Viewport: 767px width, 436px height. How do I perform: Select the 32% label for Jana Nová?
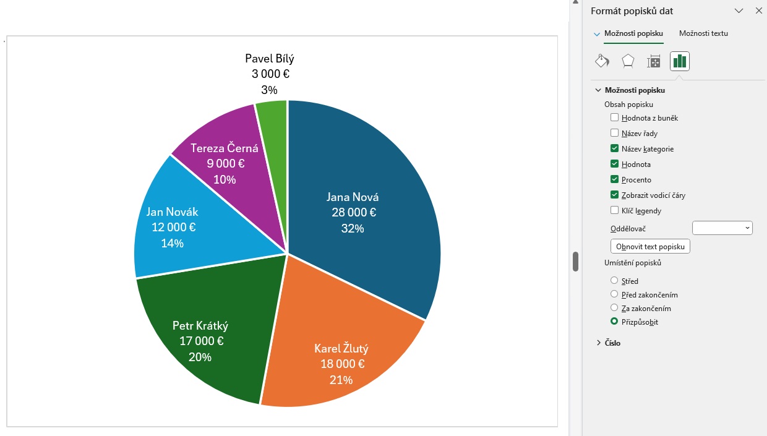[353, 228]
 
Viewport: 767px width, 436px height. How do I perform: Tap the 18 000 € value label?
[342, 364]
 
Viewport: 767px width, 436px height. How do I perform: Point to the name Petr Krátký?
[200, 326]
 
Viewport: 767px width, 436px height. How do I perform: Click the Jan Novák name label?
[173, 212]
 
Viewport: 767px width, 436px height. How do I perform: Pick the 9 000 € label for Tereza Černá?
[225, 164]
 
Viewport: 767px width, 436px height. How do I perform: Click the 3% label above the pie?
[269, 90]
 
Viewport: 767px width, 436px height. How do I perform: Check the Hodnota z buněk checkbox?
[614, 118]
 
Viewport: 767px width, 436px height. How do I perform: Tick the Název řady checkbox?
[614, 133]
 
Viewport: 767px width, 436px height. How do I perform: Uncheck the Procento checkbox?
[614, 179]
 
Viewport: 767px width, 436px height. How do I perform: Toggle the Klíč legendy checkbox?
[614, 210]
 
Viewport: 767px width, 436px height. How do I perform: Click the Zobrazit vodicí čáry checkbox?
[614, 195]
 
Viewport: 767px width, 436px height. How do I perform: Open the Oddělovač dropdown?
[722, 228]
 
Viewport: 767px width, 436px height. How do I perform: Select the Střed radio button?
[614, 281]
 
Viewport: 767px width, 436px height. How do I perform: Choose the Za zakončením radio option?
[614, 308]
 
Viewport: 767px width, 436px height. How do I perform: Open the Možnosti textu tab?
[703, 33]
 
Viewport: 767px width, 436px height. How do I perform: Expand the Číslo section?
[599, 343]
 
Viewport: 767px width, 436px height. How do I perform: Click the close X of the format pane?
[759, 11]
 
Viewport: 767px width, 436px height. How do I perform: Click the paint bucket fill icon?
[602, 61]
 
